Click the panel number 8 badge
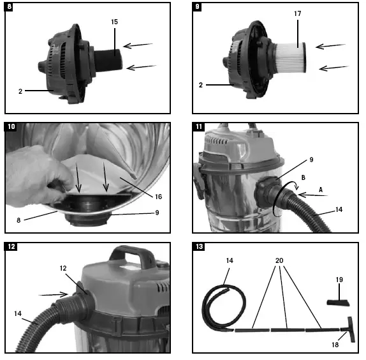click(9, 6)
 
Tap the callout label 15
click(114, 22)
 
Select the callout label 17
click(298, 13)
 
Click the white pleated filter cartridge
click(290, 57)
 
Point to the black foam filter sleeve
click(108, 60)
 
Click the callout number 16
click(159, 197)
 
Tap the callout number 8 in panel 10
click(18, 220)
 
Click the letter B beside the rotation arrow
click(304, 177)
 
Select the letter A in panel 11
click(321, 190)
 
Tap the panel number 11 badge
click(199, 126)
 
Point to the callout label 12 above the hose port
click(63, 268)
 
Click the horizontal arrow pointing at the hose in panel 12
click(53, 295)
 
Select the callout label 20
click(279, 260)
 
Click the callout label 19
click(339, 280)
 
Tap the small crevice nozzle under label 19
click(338, 303)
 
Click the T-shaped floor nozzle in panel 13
click(351, 329)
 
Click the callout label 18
click(335, 345)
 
